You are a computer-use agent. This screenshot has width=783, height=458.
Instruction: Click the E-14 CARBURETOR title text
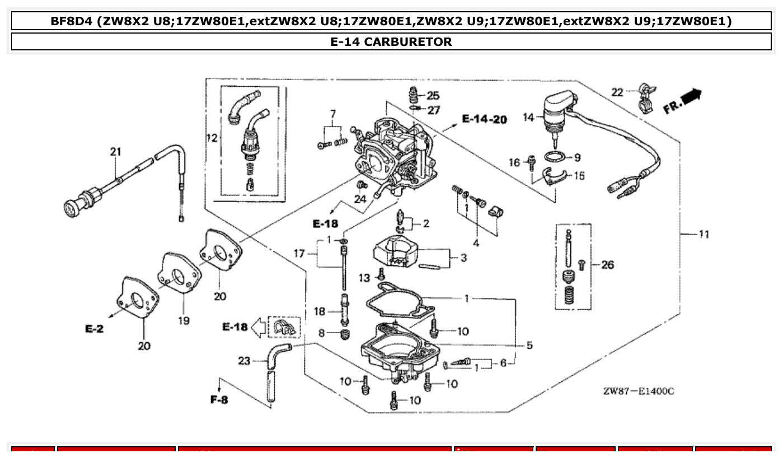point(391,41)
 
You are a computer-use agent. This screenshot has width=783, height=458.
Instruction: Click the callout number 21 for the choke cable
point(115,151)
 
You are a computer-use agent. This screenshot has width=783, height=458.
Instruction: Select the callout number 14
point(529,118)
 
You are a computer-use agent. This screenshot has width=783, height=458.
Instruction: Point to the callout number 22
point(617,92)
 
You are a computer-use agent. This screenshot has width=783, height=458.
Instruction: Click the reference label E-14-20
point(484,119)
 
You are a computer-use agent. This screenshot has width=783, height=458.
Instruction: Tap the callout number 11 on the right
point(704,234)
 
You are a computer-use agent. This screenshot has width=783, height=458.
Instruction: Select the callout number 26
point(607,264)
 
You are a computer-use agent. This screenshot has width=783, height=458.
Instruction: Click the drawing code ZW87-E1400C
point(639,391)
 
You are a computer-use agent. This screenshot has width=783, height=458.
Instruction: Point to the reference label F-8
point(219,400)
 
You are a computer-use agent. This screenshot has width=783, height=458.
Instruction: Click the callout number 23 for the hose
point(244,361)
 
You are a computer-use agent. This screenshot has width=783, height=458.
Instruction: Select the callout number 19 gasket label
point(184,320)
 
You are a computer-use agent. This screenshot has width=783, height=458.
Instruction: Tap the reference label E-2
point(94,329)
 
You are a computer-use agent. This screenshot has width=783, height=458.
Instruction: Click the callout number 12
point(212,138)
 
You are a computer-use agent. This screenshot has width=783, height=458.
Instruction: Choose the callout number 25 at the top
point(433,96)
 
